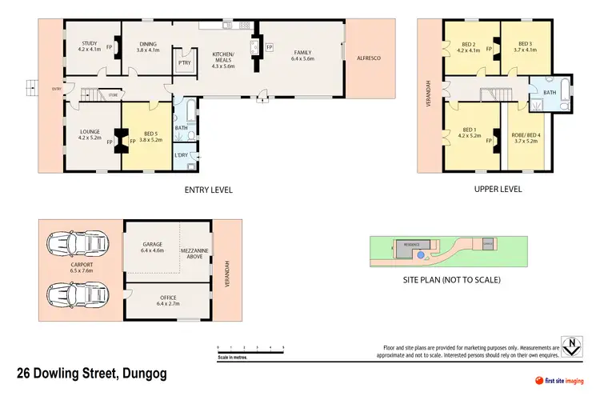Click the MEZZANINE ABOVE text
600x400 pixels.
coord(195,254)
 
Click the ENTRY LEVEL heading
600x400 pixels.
coord(208,190)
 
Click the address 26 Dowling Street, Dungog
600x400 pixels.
coord(92,374)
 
